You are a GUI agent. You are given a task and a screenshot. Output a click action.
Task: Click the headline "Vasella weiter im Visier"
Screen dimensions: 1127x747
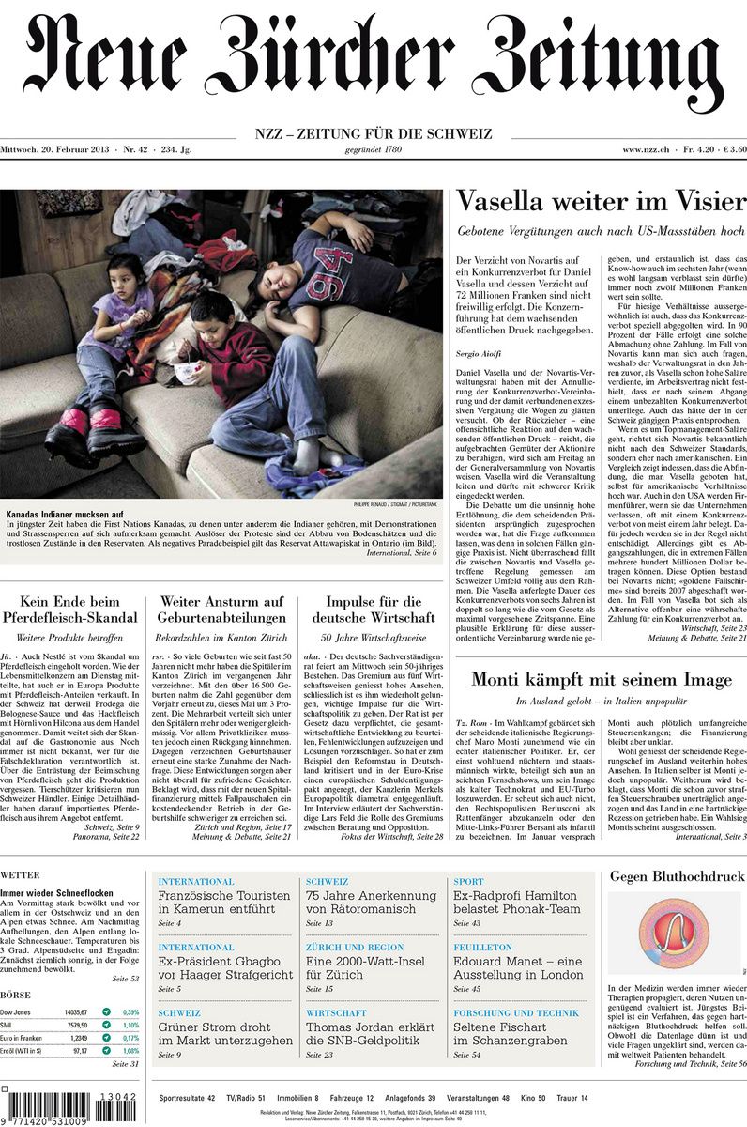pos(601,202)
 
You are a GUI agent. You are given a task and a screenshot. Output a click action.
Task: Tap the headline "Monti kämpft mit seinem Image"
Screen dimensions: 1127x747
pos(601,679)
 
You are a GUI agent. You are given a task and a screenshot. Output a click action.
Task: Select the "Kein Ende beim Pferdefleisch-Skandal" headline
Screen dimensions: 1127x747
pos(72,609)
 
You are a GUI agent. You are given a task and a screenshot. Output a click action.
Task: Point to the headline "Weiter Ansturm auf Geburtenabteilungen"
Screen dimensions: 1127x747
pos(222,609)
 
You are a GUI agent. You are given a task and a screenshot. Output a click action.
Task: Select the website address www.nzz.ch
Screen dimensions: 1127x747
pos(644,150)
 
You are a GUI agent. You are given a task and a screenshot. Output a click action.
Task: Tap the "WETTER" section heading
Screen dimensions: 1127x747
pos(20,875)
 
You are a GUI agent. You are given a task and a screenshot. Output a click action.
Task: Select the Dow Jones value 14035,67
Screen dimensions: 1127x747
pos(76,1011)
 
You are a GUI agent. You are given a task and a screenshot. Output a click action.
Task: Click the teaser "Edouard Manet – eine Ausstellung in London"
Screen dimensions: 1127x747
pos(518,967)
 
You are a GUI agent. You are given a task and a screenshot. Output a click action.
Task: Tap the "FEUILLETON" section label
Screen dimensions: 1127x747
pos(483,948)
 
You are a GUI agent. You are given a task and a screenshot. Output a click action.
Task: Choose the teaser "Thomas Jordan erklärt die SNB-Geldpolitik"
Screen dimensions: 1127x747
pos(370,1033)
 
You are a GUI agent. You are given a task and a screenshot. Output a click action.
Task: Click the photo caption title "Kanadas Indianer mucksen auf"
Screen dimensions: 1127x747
pos(65,516)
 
